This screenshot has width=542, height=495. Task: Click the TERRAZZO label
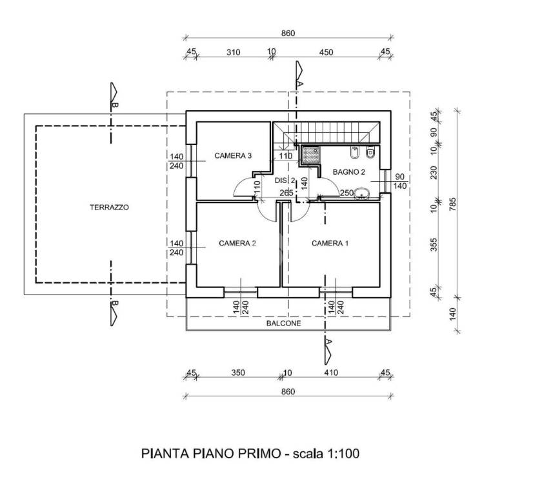109,208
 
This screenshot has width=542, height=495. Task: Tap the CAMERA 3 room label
233,156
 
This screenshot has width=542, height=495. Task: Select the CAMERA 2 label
237,244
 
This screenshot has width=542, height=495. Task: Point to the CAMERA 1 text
330,244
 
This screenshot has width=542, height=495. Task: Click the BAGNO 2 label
349,172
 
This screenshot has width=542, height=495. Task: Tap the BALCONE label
283,324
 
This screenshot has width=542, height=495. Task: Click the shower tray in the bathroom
311,155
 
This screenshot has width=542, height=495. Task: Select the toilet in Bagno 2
370,152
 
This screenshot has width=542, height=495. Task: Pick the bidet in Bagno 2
355,153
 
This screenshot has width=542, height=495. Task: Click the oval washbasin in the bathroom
361,193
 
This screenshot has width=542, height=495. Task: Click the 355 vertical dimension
434,244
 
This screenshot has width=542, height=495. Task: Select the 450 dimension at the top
326,52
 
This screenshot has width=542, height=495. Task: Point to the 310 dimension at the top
234,52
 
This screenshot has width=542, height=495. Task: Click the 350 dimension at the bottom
238,373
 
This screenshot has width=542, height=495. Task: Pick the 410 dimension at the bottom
331,373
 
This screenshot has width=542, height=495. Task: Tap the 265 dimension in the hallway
286,193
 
